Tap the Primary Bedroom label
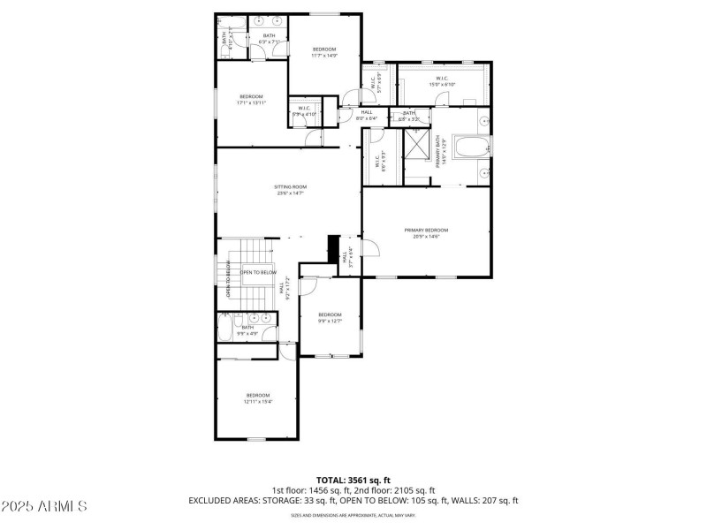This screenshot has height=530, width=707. click(426, 233)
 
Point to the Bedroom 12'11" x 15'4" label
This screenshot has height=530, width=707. click(258, 398)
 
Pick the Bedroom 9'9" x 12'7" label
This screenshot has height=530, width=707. click(330, 317)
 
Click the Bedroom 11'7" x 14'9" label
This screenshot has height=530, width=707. click(323, 52)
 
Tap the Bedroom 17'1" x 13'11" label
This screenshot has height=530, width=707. click(251, 100)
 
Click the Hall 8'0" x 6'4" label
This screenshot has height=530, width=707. click(368, 115)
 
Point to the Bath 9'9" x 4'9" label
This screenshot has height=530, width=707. click(247, 330)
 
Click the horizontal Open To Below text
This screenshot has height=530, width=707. click(257, 273)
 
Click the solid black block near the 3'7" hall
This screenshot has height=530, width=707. click(333, 249)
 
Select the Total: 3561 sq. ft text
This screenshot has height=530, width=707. click(353, 481)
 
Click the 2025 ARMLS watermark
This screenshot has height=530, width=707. click(44, 506)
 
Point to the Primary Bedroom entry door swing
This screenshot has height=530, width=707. click(370, 246)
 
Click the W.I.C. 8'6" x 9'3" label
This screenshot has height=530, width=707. click(377, 163)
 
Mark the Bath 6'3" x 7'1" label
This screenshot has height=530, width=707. click(269, 39)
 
